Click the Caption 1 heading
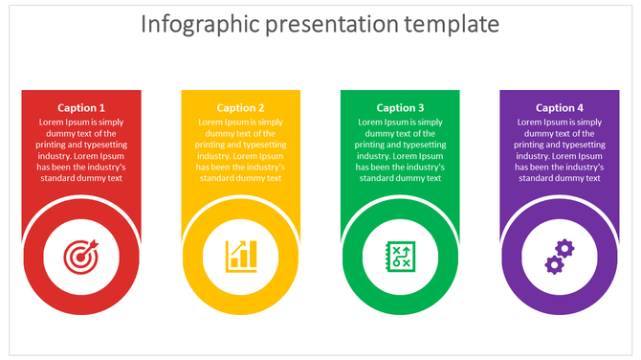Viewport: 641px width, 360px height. point(81,108)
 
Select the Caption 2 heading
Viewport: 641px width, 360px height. point(241,108)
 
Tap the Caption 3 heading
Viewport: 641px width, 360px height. point(400,108)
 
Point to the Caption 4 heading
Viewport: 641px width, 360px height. point(560,108)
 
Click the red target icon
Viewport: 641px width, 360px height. point(81,256)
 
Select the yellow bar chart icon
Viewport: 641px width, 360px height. point(241,256)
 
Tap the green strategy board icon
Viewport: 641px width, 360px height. point(400,256)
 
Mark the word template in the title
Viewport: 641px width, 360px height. point(458,23)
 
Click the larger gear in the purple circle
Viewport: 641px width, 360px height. point(564,249)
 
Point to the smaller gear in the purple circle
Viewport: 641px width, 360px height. point(552,264)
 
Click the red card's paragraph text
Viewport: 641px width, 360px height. point(81,150)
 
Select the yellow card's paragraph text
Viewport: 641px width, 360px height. point(241,150)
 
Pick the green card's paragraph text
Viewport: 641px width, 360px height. point(400,150)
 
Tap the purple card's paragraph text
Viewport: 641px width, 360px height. point(560,150)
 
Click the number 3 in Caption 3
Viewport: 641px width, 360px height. point(420,108)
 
